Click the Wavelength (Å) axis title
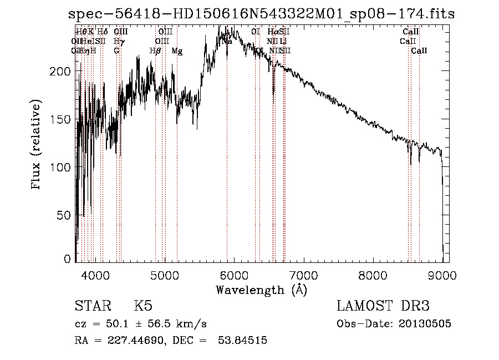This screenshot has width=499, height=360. tap(261, 290)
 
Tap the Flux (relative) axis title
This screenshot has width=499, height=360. tap(37, 145)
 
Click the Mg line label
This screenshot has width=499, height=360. tap(177, 51)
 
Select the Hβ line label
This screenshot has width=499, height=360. tap(155, 51)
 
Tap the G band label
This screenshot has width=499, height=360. tap(117, 51)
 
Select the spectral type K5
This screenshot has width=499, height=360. tap(143, 307)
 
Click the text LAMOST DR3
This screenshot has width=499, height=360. tap(383, 307)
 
